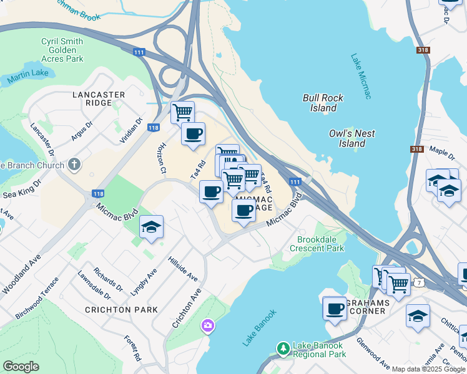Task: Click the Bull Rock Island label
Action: (x=320, y=103)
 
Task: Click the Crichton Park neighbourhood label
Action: (x=117, y=309)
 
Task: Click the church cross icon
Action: (x=74, y=165)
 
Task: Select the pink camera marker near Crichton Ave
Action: (x=207, y=325)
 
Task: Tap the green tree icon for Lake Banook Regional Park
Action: (x=283, y=347)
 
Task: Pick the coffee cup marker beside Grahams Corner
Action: (x=335, y=308)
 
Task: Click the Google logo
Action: (x=21, y=366)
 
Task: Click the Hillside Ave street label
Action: (x=182, y=268)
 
